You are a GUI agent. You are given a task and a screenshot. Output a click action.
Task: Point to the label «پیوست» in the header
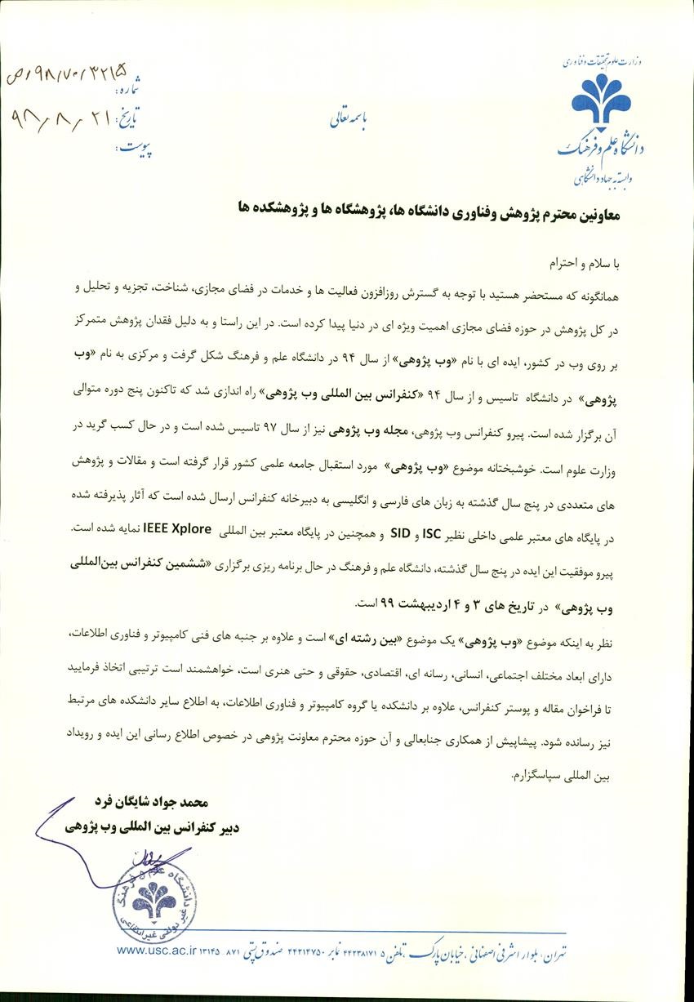(136, 148)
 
